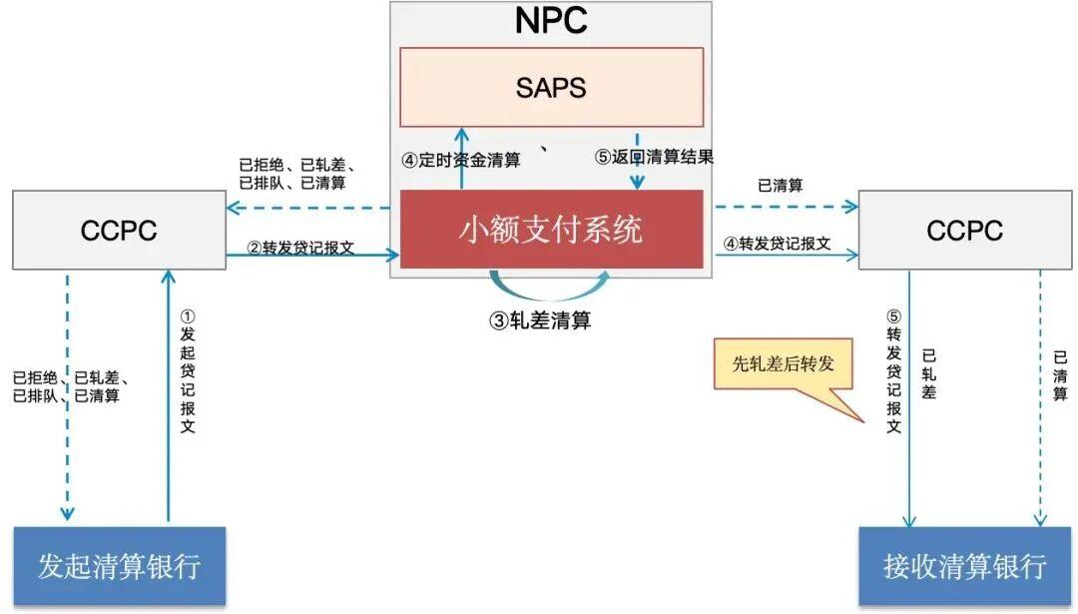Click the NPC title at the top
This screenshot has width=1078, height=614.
[551, 21]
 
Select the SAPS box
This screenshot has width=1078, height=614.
[551, 87]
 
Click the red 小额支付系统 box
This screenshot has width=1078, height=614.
[551, 229]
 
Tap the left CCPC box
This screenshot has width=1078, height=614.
[119, 230]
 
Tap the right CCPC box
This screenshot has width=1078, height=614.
[964, 230]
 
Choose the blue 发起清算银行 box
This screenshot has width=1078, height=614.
[120, 566]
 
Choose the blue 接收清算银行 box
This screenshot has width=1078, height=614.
[964, 566]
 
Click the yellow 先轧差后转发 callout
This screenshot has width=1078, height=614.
[784, 363]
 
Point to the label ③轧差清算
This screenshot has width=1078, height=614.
[540, 320]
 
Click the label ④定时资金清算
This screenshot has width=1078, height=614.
[461, 160]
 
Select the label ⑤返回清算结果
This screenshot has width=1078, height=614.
[655, 157]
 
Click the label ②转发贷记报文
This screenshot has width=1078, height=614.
[300, 248]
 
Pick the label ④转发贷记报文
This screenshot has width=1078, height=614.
[778, 244]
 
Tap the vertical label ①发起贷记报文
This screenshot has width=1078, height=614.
[188, 371]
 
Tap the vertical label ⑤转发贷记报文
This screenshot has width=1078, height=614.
[893, 371]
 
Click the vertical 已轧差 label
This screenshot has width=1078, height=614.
[929, 374]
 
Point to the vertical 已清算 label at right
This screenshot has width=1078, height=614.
[1060, 375]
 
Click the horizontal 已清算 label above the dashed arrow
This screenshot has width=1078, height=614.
[781, 185]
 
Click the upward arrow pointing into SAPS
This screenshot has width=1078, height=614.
[462, 158]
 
